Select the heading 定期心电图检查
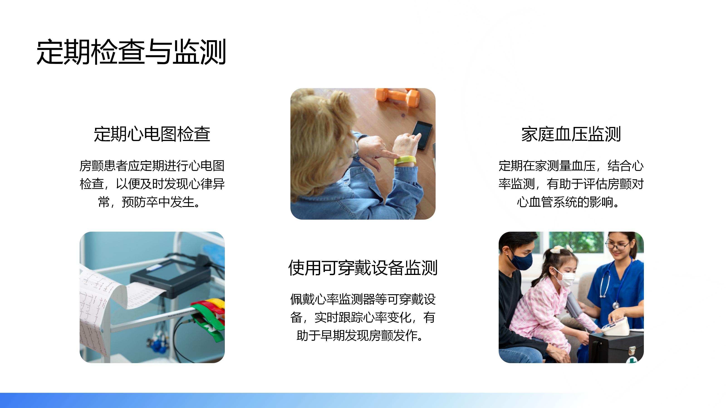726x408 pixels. pyautogui.click(x=152, y=134)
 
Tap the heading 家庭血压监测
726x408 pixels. pyautogui.click(x=571, y=134)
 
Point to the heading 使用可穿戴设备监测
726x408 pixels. pyautogui.click(x=363, y=267)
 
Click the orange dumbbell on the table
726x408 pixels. pyautogui.click(x=397, y=97)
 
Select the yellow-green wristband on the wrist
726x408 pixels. pyautogui.click(x=405, y=160)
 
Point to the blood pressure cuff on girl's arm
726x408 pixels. pyautogui.click(x=574, y=304)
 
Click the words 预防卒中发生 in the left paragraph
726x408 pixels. pyautogui.click(x=158, y=202)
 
